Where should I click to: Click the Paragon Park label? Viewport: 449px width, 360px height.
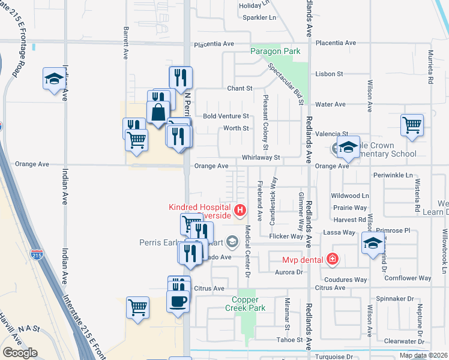tap(276, 52)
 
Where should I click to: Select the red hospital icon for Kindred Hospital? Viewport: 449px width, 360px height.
tap(240, 209)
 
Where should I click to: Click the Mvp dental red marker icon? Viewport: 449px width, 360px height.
tap(332, 259)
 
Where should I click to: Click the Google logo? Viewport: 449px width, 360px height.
tap(20, 353)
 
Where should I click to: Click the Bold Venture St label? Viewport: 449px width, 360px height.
tap(226, 116)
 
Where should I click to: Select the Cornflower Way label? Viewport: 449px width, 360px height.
tap(408, 278)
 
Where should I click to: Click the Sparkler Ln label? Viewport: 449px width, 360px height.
tap(259, 17)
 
